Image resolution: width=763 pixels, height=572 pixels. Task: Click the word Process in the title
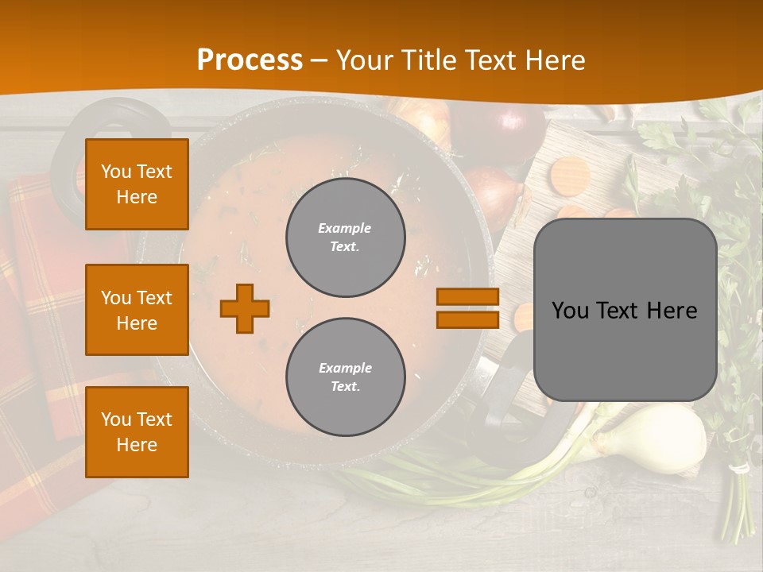pos(250,60)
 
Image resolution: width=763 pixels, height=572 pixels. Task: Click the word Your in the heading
pos(366,60)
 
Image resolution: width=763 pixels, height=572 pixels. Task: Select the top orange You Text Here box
pos(137,184)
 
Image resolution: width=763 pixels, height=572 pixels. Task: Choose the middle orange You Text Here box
pos(137,310)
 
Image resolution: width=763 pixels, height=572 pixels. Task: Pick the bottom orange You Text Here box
pos(137,432)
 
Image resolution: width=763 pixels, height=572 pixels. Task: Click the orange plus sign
pos(245,308)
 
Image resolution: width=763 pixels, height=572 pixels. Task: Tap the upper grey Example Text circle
pos(346,238)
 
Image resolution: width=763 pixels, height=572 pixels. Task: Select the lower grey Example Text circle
pos(346,377)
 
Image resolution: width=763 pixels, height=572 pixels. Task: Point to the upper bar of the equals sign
pos(467,297)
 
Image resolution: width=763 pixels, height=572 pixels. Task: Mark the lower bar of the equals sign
pos(467,319)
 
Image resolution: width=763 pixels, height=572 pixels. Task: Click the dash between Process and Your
pos(320,61)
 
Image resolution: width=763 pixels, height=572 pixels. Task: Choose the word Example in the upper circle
pos(344,228)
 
